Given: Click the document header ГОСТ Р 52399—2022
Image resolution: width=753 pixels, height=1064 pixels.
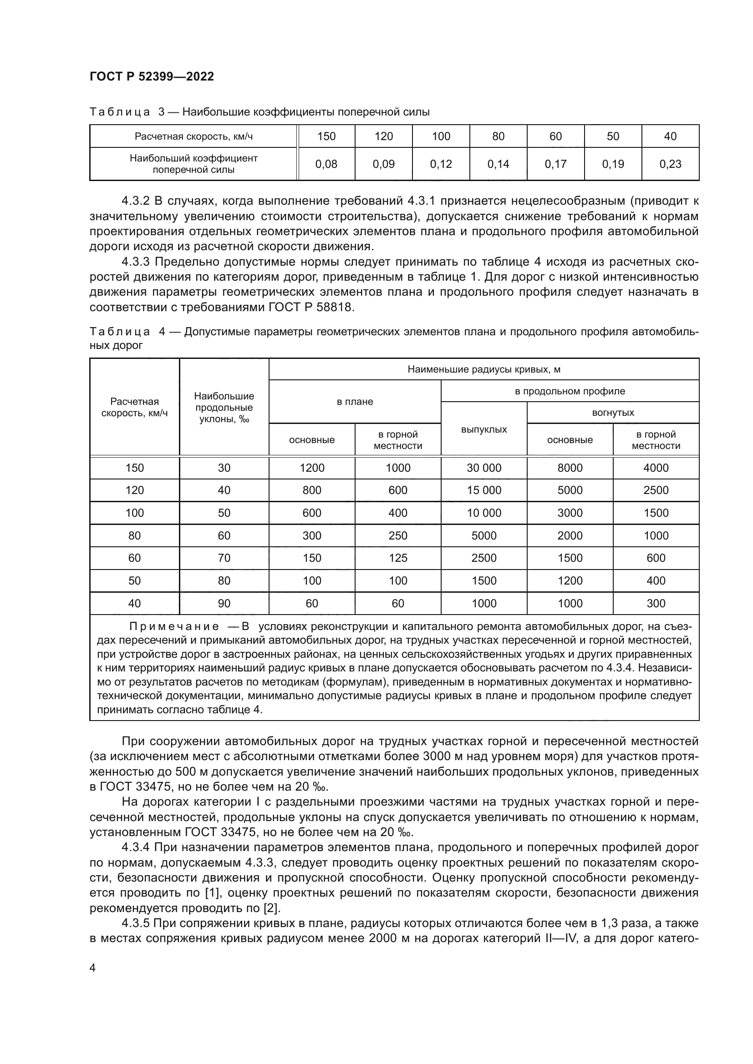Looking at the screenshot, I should tap(152, 77).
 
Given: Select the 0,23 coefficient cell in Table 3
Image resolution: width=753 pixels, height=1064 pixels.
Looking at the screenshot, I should tap(670, 164).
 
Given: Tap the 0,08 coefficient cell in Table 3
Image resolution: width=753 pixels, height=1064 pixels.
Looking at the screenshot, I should tap(326, 164).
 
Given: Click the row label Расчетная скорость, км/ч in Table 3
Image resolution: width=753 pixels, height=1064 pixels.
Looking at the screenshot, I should tap(193, 137).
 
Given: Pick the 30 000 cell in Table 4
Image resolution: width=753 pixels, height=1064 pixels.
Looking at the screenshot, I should tap(483, 468).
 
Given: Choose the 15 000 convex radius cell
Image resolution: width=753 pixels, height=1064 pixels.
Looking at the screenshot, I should tap(483, 490).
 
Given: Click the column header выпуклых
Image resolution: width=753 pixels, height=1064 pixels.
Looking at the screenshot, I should tap(483, 429).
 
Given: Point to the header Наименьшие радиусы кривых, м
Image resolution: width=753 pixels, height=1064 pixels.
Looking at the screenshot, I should tap(483, 369).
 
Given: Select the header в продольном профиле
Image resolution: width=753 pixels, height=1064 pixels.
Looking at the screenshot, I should tap(570, 391).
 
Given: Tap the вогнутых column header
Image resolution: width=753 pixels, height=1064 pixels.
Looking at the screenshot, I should tap(612, 413).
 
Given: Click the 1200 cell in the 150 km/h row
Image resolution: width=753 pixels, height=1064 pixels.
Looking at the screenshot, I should tap(311, 468).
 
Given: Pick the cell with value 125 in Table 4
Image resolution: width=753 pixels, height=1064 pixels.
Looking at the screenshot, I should tap(398, 558).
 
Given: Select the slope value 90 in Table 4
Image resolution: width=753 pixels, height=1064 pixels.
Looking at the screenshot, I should tap(224, 603).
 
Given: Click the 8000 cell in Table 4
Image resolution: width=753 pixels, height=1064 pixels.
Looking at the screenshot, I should tap(570, 468).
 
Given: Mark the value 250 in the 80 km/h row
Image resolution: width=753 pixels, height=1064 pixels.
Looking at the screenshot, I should tap(398, 536).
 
